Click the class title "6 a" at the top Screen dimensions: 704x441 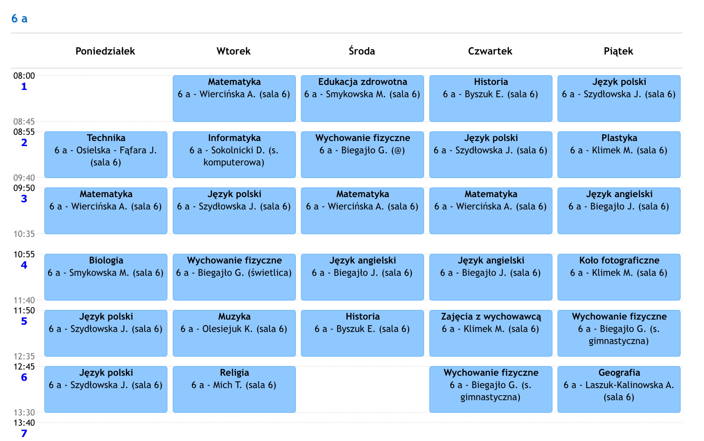(x=19, y=19)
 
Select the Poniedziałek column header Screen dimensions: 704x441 (x=105, y=51)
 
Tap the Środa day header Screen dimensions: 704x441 (x=362, y=51)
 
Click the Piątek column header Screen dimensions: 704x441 (x=618, y=51)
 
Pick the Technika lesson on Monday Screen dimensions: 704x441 (x=106, y=155)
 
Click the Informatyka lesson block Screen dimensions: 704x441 (x=234, y=155)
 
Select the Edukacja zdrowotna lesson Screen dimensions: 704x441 (x=362, y=99)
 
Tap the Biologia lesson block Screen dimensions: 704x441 (x=106, y=277)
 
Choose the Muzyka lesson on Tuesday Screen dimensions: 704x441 (x=234, y=333)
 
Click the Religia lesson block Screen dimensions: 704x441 (x=234, y=389)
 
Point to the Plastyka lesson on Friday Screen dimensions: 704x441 (x=619, y=155)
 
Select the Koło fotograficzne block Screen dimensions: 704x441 (x=619, y=277)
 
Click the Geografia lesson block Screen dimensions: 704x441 (x=619, y=389)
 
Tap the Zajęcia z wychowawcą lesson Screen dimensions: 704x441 (x=491, y=333)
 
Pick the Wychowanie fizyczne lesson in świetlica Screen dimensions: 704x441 (x=234, y=277)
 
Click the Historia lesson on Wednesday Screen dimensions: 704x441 (x=362, y=333)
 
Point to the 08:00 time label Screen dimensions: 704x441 (x=24, y=76)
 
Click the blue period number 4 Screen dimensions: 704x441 (x=24, y=265)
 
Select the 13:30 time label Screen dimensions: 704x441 (x=24, y=412)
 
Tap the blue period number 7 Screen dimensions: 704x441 (x=24, y=433)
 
